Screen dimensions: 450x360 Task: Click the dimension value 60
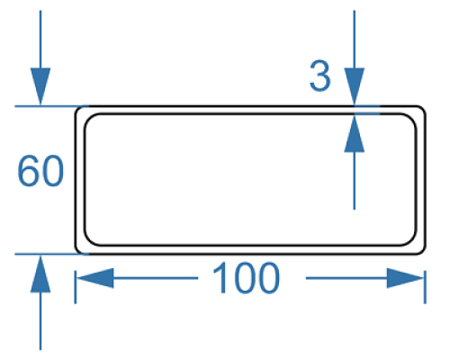click(x=40, y=171)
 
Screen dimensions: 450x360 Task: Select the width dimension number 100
click(x=246, y=278)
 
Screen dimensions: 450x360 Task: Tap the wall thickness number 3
click(x=319, y=76)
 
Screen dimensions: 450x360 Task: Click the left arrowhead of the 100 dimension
click(x=95, y=278)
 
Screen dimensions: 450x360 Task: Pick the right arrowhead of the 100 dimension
click(x=405, y=278)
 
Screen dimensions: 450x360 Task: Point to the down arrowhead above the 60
click(x=40, y=86)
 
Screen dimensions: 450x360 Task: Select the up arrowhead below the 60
click(x=40, y=274)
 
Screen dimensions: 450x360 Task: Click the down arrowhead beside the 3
click(x=355, y=86)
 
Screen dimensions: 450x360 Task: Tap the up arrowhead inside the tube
click(x=355, y=134)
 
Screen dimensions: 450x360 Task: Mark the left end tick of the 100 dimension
click(x=76, y=287)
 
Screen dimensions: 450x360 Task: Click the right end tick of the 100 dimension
click(x=425, y=287)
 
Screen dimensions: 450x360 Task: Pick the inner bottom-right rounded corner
click(x=412, y=241)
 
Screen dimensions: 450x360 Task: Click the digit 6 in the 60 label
click(x=28, y=171)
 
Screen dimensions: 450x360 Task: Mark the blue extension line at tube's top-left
click(x=52, y=106)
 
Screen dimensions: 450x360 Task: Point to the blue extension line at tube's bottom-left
click(x=52, y=254)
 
